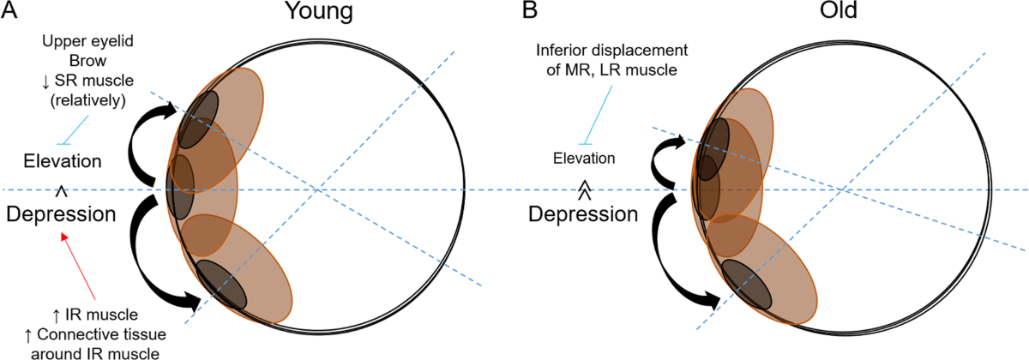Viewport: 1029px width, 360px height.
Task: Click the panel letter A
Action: point(10,12)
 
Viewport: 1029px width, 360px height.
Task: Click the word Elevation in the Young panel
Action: point(62,161)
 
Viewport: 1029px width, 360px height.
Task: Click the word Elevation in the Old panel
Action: point(584,158)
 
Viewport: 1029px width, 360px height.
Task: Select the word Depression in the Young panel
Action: point(62,214)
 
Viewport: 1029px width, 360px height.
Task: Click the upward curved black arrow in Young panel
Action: point(141,137)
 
